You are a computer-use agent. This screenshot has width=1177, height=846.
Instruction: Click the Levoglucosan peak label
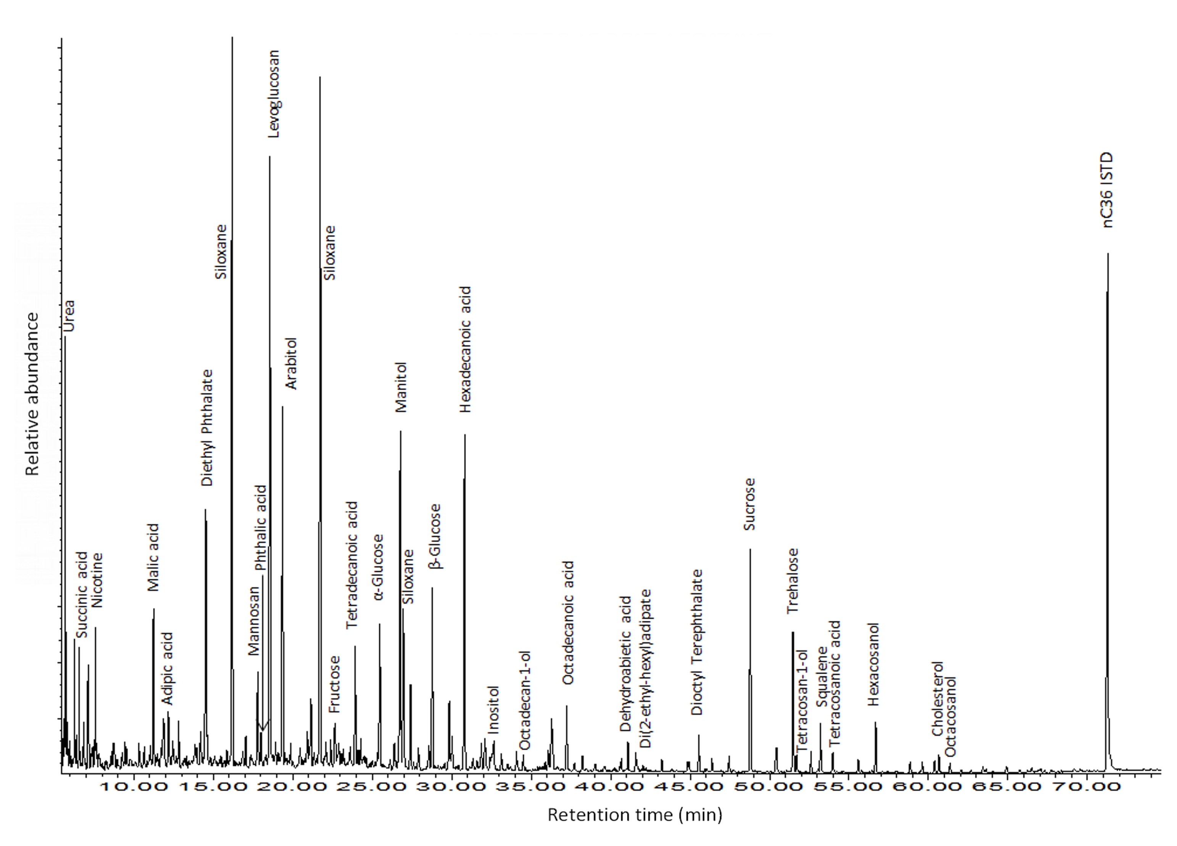click(274, 94)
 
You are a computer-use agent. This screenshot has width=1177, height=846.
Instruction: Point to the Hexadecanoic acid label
click(466, 350)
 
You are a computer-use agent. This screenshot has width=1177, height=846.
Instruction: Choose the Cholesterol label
click(937, 699)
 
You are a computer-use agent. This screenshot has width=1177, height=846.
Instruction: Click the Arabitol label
click(291, 363)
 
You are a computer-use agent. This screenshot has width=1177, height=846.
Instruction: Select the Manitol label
click(401, 387)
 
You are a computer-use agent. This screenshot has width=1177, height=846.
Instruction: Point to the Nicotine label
click(97, 580)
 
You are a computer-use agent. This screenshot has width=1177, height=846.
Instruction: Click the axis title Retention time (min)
click(635, 815)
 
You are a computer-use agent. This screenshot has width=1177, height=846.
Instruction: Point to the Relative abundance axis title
click(32, 394)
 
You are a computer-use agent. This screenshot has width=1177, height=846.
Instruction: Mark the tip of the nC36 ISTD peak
click(1108, 254)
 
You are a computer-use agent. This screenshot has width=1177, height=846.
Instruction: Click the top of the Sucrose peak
click(750, 549)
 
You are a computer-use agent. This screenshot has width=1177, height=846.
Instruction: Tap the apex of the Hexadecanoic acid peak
click(465, 434)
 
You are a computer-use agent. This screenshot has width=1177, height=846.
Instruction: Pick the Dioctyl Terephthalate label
click(697, 642)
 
